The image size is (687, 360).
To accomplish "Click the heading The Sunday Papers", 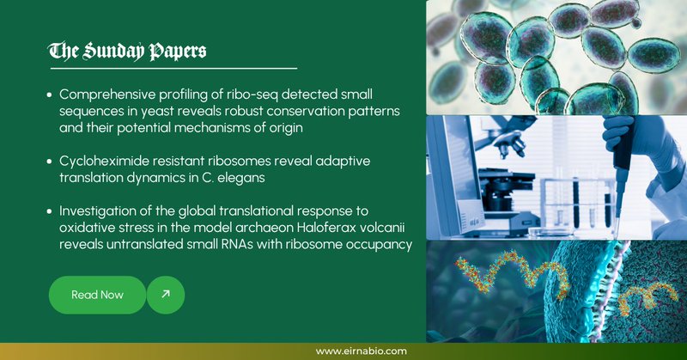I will pyautogui.click(x=127, y=52).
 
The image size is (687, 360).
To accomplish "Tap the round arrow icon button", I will pyautogui.click(x=166, y=295).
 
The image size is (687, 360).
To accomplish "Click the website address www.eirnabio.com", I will pyautogui.click(x=362, y=351).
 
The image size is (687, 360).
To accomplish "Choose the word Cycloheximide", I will pyautogui.click(x=98, y=162).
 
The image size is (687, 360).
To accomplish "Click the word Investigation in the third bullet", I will pyautogui.click(x=93, y=211).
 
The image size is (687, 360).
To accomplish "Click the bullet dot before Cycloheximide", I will pyautogui.click(x=50, y=162).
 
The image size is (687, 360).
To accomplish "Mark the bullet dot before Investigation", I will pyautogui.click(x=50, y=211).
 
